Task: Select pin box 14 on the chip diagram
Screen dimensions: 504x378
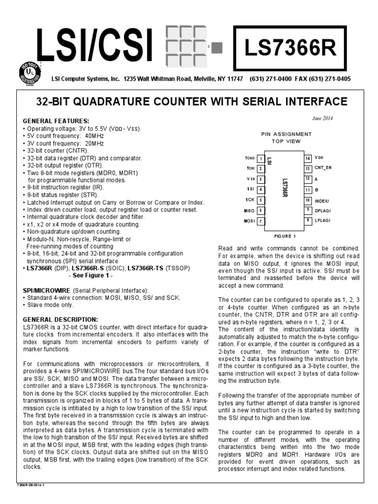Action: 307,158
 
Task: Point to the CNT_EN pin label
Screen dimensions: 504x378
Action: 323,168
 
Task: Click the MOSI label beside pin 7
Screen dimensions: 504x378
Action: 249,221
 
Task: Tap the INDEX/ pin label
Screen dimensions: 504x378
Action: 323,200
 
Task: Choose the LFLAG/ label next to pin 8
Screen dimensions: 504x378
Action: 323,220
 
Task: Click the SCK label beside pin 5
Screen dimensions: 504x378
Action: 250,200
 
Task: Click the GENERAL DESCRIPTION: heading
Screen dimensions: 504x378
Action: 61,319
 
